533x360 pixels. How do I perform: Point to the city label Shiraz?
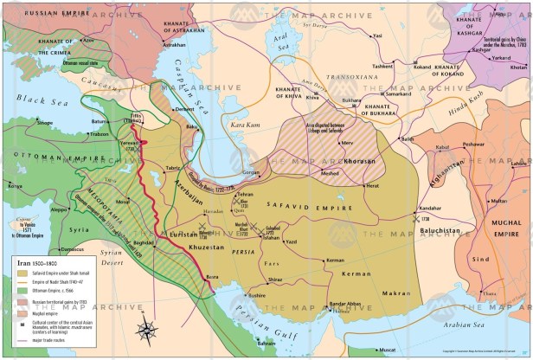click(x=274, y=279)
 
